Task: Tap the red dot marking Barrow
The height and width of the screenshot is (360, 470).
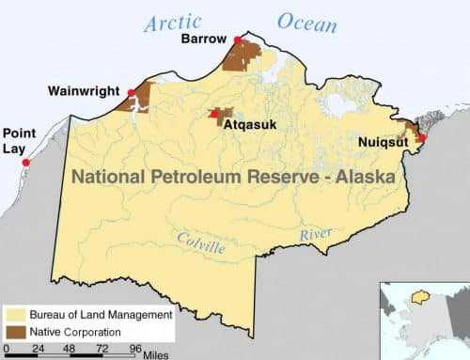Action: point(237,39)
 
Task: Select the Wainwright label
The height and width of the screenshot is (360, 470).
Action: point(83,92)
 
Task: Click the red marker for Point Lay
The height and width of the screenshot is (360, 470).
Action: point(25,163)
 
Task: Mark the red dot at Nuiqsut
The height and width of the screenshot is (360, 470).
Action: point(421,138)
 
